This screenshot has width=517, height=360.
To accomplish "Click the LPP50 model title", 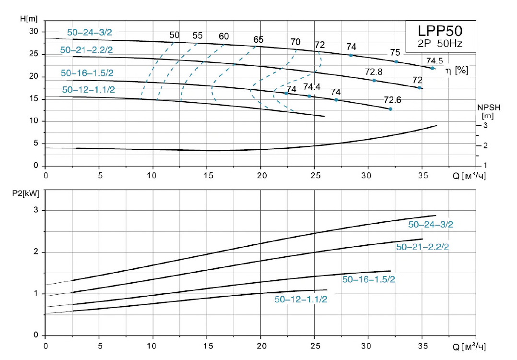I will pos(440,31).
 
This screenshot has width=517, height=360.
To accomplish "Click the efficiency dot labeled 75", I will pos(396,61).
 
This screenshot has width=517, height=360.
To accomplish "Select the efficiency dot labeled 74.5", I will pos(432,68).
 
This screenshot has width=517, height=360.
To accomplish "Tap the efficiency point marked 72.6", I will pos(390,109).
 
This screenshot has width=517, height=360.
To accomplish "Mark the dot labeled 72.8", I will pos(374,80).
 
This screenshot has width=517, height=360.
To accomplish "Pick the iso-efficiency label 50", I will pos(175,36).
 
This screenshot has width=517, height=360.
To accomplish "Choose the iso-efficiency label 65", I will pos(258,40).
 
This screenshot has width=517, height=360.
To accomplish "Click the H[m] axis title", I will pos(29,19).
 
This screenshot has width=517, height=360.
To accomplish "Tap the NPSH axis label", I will pos(489,108).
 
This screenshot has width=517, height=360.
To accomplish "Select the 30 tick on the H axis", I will pos(33,32).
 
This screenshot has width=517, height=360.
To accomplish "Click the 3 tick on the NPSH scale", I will pos(484,125).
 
